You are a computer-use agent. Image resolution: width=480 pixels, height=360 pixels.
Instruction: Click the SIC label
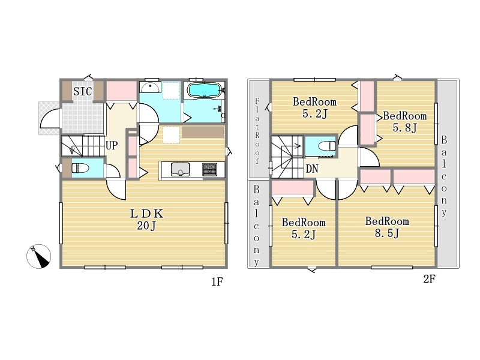[83, 91]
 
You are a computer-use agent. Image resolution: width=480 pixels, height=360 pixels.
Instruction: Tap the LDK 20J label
[146, 220]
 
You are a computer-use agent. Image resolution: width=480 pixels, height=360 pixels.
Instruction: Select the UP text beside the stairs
[112, 145]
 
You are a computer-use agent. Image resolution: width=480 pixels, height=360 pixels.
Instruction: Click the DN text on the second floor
[312, 169]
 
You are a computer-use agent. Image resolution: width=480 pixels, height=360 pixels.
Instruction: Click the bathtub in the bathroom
[203, 89]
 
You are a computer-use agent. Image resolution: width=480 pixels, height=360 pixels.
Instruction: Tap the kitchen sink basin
[181, 169]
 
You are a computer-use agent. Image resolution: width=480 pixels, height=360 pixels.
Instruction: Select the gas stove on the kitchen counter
[209, 170]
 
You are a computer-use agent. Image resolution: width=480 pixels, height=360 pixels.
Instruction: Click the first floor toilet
[80, 168]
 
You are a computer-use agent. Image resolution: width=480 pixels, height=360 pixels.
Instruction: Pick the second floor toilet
[327, 146]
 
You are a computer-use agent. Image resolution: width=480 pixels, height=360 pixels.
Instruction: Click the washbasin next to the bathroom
[150, 87]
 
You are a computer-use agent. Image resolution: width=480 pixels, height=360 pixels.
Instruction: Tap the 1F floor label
[217, 281]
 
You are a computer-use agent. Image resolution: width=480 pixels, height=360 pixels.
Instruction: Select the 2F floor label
[429, 279]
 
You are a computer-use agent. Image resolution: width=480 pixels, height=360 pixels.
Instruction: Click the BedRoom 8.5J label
[387, 227]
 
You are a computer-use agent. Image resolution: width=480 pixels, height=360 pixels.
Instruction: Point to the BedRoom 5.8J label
[404, 122]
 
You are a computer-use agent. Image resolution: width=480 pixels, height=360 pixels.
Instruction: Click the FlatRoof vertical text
[257, 130]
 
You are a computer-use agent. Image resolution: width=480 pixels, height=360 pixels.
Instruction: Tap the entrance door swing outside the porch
[50, 119]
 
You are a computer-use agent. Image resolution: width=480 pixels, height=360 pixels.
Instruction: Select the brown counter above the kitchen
[203, 132]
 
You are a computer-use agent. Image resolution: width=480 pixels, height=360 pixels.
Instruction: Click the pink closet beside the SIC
[121, 91]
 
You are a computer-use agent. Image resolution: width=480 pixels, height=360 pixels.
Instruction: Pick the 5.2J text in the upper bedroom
[314, 113]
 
